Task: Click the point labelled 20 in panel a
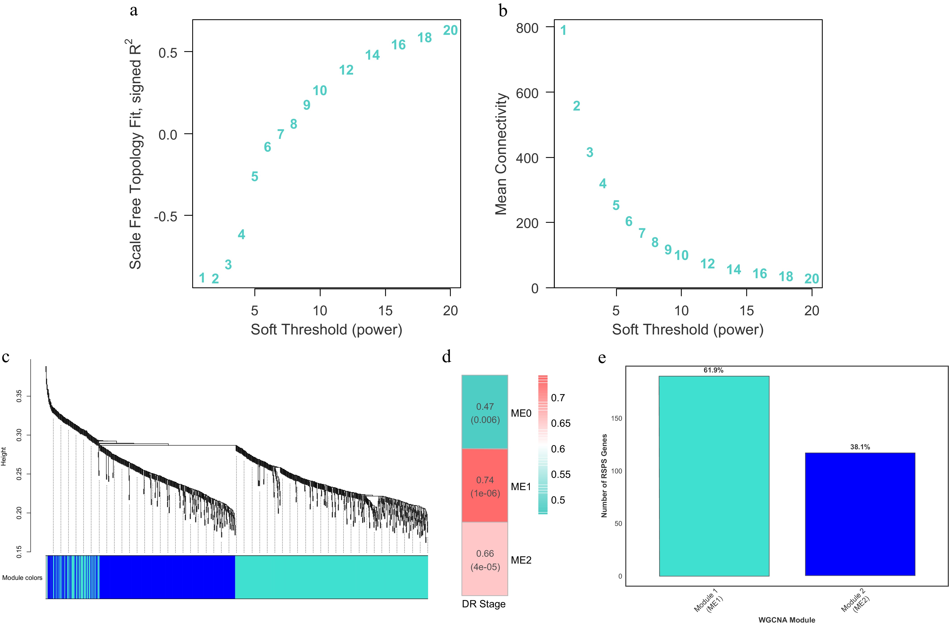tap(450, 31)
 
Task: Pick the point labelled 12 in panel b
tap(708, 264)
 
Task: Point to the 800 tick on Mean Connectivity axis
tap(527, 29)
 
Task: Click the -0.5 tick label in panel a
tap(165, 217)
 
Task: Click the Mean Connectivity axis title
tap(501, 154)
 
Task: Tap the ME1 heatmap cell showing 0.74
tap(485, 486)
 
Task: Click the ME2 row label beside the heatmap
tap(521, 560)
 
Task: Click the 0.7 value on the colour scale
tap(558, 398)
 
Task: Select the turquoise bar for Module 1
tap(714, 476)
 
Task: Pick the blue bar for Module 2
tap(860, 514)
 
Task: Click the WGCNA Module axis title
tap(787, 620)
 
